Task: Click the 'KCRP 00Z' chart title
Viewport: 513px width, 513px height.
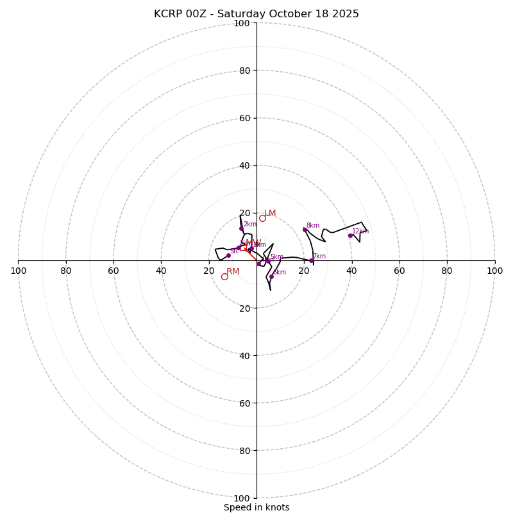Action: pos(256,14)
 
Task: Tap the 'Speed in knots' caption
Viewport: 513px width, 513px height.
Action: pos(256,507)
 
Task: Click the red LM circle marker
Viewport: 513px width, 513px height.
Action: pos(262,218)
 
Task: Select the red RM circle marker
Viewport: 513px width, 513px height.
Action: pos(224,276)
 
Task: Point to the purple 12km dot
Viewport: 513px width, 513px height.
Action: pos(350,235)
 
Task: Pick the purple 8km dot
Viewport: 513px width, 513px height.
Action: pos(305,230)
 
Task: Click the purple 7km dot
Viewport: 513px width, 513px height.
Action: pos(312,260)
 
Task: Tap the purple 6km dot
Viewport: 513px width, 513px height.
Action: pos(271,276)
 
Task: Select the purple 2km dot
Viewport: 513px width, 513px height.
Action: pos(242,228)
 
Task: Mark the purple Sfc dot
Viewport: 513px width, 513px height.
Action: pos(228,255)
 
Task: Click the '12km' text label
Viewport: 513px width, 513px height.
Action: pos(360,231)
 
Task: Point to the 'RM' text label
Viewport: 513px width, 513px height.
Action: pos(233,272)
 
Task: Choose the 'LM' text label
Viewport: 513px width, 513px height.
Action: pos(270,214)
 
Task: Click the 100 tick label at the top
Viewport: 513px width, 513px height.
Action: pos(242,23)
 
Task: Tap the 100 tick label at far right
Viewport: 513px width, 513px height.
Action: pos(495,271)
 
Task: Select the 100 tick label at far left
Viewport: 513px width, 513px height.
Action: pos(18,271)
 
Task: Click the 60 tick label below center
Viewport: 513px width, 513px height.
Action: pos(244,403)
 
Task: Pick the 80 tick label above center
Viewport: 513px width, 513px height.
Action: pos(244,71)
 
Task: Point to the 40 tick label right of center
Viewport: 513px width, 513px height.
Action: pos(352,271)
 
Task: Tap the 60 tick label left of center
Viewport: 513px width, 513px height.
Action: pos(114,271)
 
